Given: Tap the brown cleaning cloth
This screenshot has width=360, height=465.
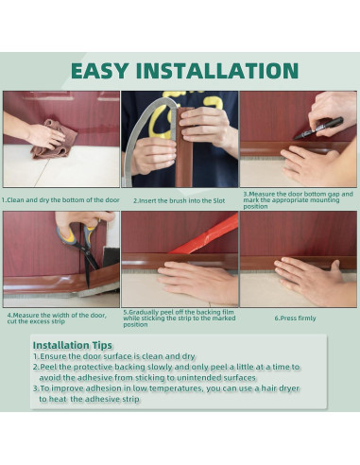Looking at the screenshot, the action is [55, 140].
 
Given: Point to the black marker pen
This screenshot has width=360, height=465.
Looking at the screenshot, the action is [317, 129].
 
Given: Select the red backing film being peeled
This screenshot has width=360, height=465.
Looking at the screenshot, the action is [206, 235].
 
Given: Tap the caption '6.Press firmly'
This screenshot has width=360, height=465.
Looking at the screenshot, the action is [295, 319].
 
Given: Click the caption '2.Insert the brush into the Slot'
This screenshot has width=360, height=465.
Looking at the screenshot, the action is [179, 200].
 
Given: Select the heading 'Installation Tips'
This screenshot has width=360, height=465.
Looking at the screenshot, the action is [73, 345].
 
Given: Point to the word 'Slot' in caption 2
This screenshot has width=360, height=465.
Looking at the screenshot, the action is [219, 200].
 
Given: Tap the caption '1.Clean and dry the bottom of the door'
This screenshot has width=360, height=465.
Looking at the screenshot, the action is [60, 200].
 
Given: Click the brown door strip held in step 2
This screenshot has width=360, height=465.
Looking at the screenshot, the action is [183, 148].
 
